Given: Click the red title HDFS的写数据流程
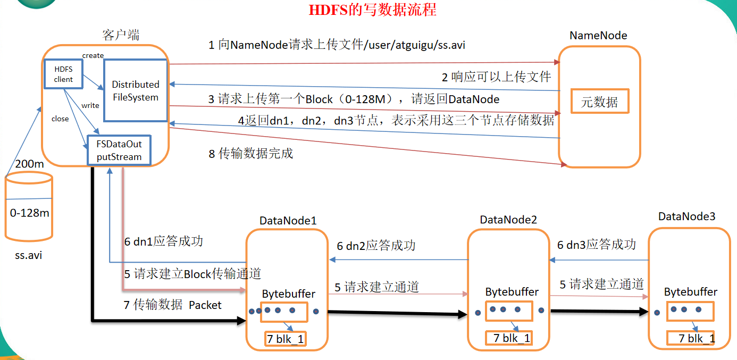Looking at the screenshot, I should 373,10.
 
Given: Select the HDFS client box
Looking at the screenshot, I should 63,74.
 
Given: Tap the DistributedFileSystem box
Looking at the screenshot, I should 136,91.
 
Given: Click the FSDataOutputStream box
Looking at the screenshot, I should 119,150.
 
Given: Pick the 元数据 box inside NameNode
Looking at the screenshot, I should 599,102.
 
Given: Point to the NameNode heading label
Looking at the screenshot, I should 598,36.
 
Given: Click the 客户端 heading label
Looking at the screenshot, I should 121,35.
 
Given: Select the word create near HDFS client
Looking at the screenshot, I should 93,55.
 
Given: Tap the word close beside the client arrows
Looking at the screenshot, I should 60,119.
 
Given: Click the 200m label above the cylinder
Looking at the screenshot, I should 29,164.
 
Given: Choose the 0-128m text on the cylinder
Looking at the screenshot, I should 30,213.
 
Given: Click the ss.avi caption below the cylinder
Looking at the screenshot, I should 29,255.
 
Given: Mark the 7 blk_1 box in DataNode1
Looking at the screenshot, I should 286,339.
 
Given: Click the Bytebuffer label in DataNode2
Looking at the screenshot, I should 512,292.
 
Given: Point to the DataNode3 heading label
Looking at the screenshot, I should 686,216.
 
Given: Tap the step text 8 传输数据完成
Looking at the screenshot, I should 250,154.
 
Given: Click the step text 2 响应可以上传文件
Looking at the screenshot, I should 496,77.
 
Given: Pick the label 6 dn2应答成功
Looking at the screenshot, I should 376,246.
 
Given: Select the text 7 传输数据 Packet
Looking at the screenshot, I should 172,305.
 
